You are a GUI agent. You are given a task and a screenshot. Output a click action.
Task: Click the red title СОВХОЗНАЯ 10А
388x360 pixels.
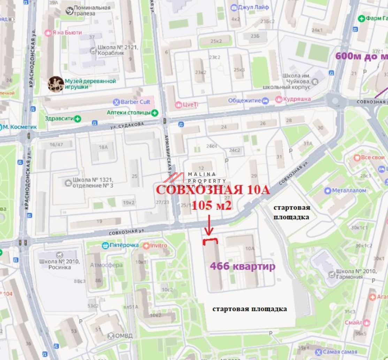coord(213,190)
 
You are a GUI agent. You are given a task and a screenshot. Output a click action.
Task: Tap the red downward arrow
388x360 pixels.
coord(208,225)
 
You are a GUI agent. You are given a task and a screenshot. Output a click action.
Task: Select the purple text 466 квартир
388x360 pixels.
coord(242,266)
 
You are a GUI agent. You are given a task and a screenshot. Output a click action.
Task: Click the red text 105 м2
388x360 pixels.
coord(212,205)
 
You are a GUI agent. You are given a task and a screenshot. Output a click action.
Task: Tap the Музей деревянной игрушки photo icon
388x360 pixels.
coord(55,84)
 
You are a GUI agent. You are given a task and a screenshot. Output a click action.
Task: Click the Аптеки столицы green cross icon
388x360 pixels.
coord(155,112)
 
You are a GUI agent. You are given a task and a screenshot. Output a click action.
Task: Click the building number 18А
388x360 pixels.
coord(103,147)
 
